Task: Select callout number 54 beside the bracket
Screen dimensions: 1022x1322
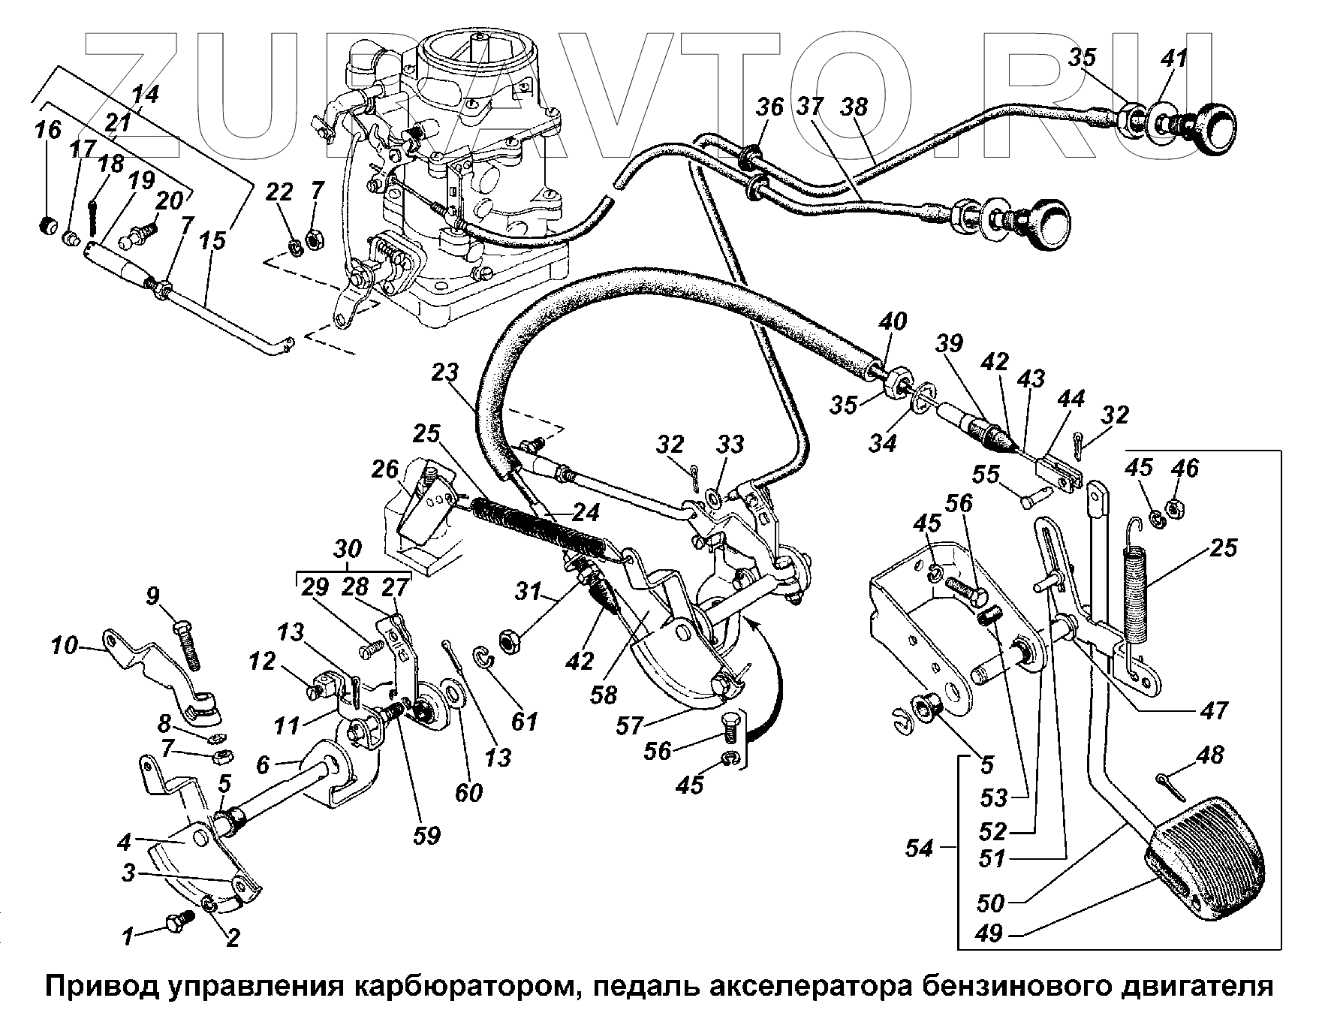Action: (919, 849)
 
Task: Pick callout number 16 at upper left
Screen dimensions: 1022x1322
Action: (48, 131)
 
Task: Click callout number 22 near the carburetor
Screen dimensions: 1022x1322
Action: (279, 192)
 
